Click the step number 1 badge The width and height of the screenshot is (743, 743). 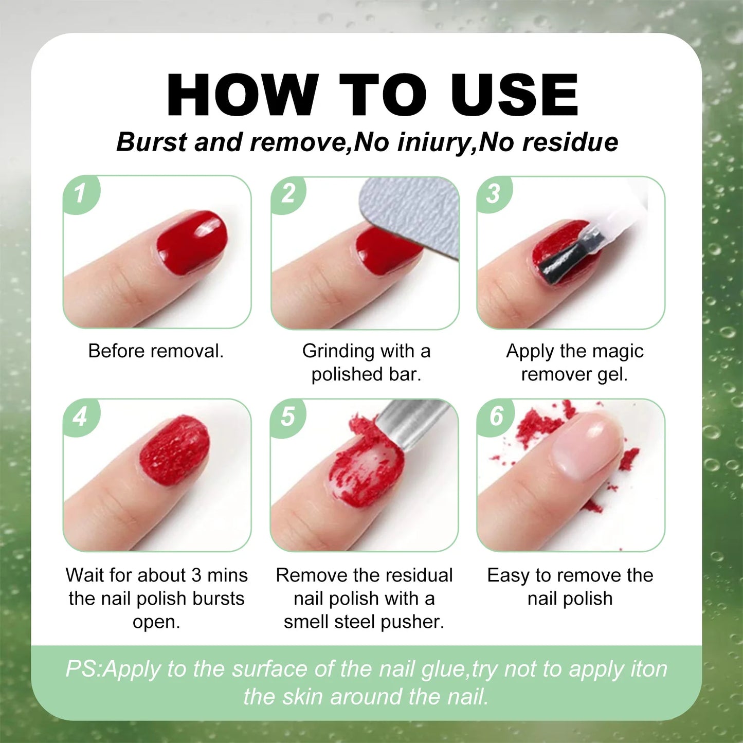coord(80,194)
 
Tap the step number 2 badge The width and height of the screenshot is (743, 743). coord(288,194)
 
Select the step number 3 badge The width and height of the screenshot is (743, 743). coord(494,194)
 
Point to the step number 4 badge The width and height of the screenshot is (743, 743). coord(80,416)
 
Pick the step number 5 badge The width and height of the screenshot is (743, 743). coord(288,416)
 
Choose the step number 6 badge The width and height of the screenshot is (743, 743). coord(496,416)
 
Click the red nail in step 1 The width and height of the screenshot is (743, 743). coord(192,241)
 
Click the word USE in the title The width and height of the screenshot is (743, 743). coord(514,95)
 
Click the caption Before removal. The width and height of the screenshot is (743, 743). coord(156,351)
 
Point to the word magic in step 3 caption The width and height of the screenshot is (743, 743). coord(618,351)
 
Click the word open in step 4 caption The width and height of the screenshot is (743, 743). coord(156,622)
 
